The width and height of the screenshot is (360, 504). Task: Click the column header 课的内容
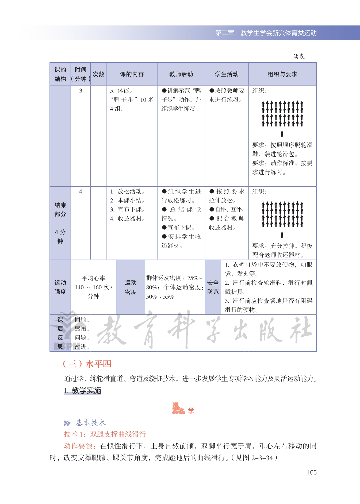(x=132, y=74)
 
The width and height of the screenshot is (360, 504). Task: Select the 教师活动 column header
(x=181, y=74)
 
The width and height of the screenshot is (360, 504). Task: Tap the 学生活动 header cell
(x=227, y=74)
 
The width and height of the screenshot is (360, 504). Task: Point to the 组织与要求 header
(x=282, y=74)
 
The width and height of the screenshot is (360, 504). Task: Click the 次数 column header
(x=98, y=74)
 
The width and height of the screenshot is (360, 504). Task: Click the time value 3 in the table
(x=81, y=91)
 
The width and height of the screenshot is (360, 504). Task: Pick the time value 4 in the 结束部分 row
(x=81, y=191)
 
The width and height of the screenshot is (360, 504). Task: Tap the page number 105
(x=312, y=472)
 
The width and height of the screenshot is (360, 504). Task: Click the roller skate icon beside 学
(x=178, y=408)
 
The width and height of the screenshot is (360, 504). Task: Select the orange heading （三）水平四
(x=87, y=364)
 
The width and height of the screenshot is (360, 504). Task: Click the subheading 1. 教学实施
(x=82, y=391)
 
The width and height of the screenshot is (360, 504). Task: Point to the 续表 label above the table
(x=298, y=56)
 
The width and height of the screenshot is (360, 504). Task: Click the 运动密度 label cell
(x=131, y=287)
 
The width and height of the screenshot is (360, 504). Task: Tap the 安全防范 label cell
(x=213, y=287)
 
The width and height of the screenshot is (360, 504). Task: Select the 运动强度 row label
(x=60, y=287)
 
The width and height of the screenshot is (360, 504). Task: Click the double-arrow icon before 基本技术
(x=67, y=423)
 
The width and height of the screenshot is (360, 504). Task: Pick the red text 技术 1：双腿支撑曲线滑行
(x=105, y=434)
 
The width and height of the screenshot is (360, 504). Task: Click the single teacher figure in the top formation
(x=282, y=134)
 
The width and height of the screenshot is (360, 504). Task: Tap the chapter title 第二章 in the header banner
(x=225, y=33)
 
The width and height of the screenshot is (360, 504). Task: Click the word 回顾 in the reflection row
(x=81, y=320)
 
